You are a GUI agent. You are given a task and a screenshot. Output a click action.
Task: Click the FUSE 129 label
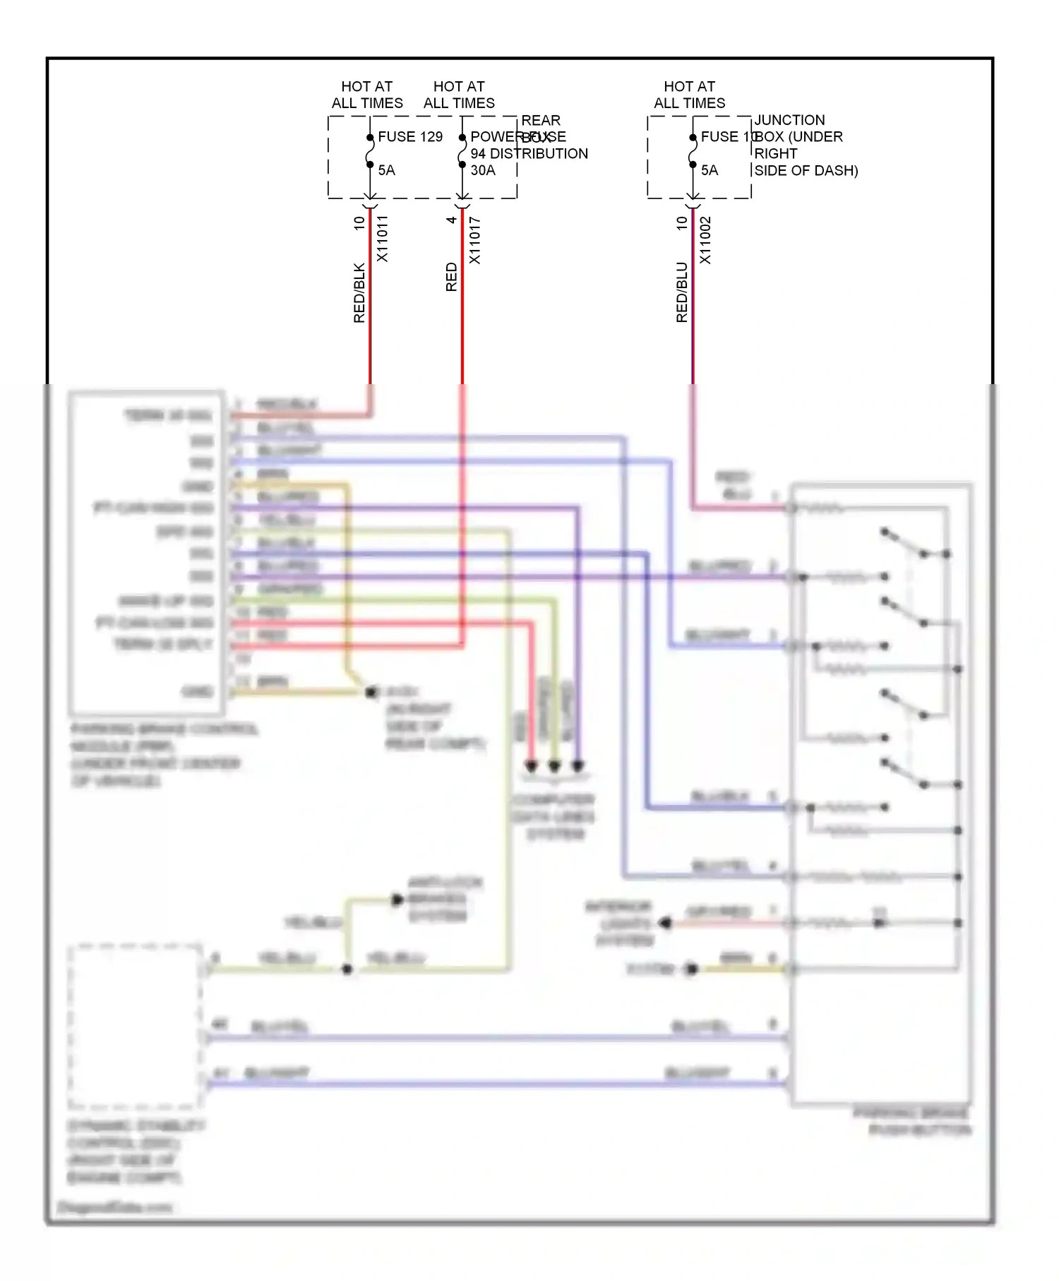[409, 136]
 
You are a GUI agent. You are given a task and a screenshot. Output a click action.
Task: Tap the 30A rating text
[483, 170]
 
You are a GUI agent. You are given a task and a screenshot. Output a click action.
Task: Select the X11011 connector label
[382, 239]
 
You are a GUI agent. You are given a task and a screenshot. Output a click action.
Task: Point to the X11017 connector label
[474, 240]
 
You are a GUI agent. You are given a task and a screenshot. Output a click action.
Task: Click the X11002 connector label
[705, 240]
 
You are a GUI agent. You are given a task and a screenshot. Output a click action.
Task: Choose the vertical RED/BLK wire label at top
[359, 293]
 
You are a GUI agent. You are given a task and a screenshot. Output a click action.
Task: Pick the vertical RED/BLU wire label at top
[681, 292]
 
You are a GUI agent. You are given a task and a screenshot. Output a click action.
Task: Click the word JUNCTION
[789, 120]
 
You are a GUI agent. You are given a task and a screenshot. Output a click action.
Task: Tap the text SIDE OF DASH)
[806, 170]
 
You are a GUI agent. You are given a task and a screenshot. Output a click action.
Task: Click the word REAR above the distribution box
[541, 120]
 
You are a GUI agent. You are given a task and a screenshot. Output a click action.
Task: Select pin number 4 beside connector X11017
[452, 220]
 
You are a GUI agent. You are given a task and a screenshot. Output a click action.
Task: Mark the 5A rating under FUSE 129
[386, 170]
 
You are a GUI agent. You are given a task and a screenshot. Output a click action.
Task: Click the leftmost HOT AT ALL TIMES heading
[367, 95]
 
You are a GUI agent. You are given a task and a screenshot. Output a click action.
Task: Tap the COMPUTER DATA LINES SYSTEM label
[554, 816]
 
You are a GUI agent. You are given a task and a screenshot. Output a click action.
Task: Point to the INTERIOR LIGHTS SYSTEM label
[620, 923]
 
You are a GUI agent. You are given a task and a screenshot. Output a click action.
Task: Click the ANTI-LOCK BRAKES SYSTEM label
[445, 899]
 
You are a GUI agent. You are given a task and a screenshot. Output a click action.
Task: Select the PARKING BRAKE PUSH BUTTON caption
[913, 1121]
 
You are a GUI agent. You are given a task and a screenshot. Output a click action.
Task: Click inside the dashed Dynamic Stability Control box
[134, 1024]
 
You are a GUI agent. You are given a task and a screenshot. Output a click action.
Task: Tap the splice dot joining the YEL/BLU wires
[347, 970]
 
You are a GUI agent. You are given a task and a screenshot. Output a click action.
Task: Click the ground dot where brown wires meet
[371, 691]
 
